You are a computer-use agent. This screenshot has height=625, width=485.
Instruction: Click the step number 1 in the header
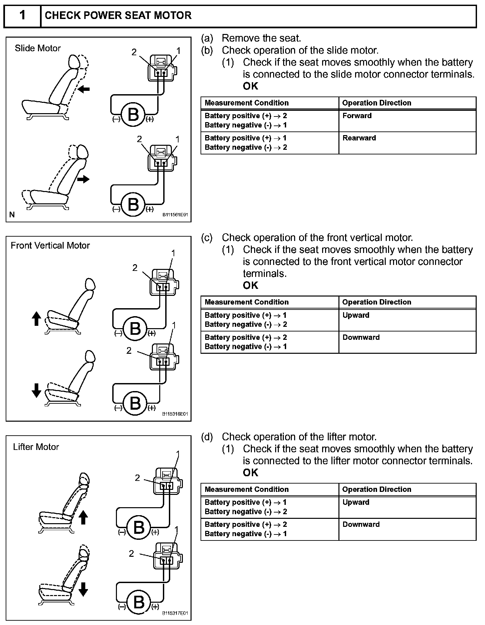click(22, 15)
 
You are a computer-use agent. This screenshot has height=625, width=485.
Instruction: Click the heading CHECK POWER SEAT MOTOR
click(118, 16)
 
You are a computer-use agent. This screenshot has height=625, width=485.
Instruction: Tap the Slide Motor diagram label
click(38, 48)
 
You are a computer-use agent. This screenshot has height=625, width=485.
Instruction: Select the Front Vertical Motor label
click(50, 246)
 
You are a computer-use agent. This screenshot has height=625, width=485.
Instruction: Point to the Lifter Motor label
click(36, 447)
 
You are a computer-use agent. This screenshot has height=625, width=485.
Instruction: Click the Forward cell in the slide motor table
click(357, 116)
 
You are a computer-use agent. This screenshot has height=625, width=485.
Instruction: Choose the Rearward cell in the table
click(359, 138)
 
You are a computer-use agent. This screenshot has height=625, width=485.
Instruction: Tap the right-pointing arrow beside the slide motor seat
click(83, 179)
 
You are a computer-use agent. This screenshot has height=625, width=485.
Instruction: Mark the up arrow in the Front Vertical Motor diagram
click(36, 318)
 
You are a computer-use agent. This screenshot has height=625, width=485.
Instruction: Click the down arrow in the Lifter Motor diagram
click(83, 589)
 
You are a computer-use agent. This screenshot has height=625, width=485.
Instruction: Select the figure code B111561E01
click(175, 215)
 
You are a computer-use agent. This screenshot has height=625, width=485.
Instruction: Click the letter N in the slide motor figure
click(12, 215)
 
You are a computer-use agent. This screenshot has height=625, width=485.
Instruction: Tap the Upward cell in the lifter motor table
click(356, 502)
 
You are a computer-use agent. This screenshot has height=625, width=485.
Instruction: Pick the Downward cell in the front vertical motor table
click(361, 337)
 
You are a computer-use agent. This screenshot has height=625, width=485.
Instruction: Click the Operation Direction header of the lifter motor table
click(376, 490)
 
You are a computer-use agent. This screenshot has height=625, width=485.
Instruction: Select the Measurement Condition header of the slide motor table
click(246, 103)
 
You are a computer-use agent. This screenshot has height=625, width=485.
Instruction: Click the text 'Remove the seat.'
click(261, 38)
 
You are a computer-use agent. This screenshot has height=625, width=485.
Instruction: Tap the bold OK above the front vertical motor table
click(250, 286)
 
